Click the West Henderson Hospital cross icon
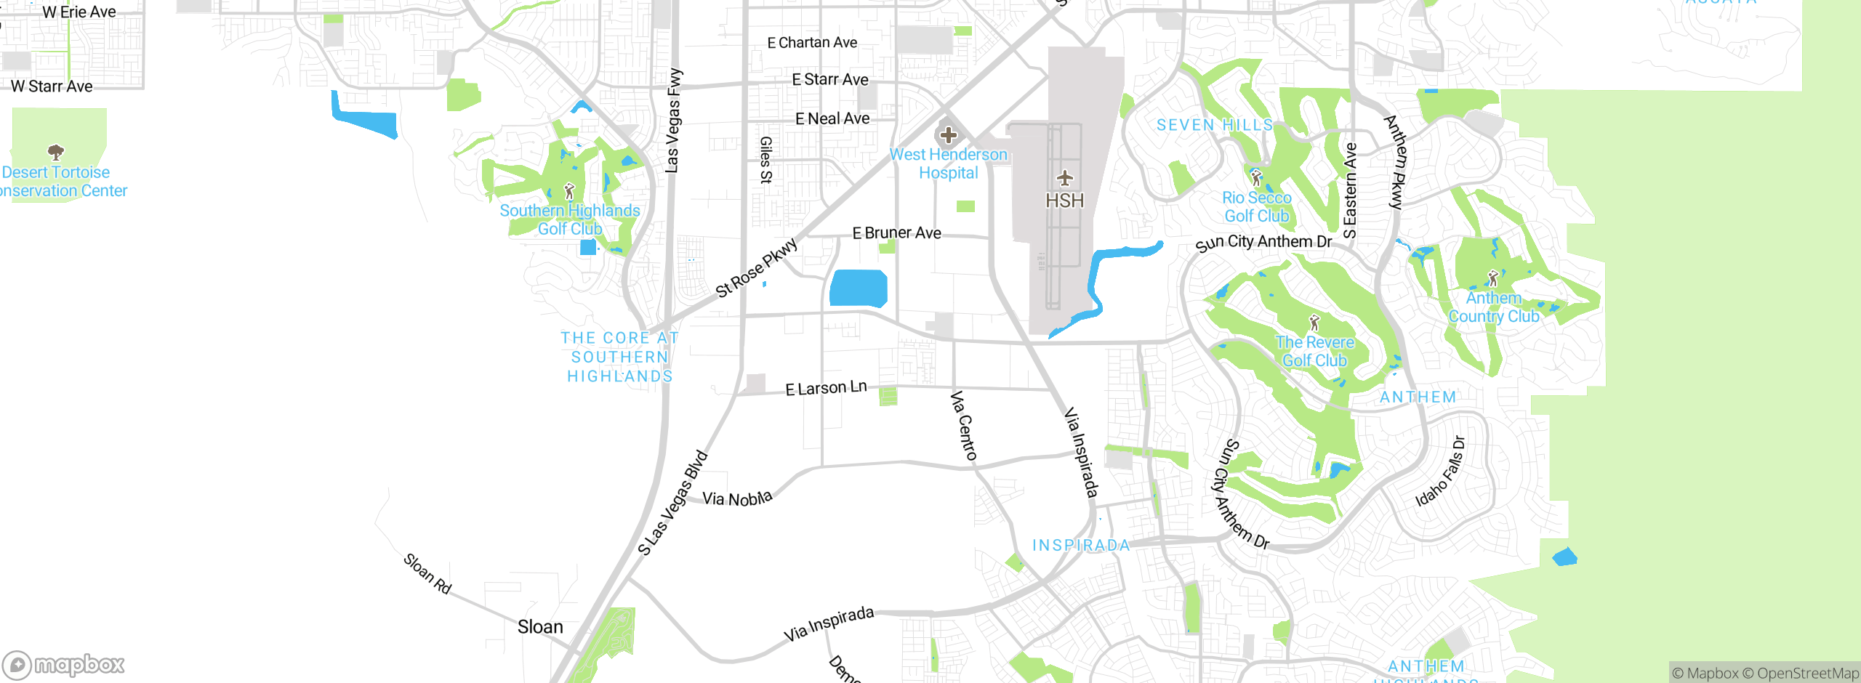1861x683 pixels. click(948, 135)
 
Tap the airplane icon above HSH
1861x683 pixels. click(1065, 177)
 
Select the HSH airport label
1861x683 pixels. click(1064, 201)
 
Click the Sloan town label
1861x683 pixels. click(540, 626)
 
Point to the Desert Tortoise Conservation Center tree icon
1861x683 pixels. click(56, 152)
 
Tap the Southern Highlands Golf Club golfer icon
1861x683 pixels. click(569, 191)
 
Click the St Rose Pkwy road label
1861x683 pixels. click(756, 267)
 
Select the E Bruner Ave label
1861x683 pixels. click(896, 233)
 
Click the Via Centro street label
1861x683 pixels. click(964, 426)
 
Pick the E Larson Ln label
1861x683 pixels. click(826, 388)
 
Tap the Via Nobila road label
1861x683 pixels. click(736, 498)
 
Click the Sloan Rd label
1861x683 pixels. click(427, 573)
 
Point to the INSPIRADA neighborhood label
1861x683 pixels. click(1081, 545)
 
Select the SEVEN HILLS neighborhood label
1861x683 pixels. click(1215, 125)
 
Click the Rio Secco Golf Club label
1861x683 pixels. click(1256, 207)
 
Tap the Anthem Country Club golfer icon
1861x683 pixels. click(1493, 278)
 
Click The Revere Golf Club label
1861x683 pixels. click(1314, 351)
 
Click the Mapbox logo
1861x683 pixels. click(63, 664)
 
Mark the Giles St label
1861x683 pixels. click(765, 160)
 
